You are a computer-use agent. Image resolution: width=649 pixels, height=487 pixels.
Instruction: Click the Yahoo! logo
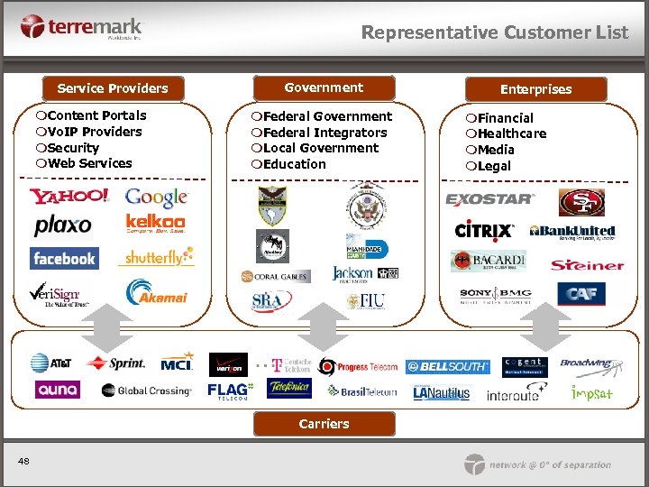(69, 197)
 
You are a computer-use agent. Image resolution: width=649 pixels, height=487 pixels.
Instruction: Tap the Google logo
(156, 197)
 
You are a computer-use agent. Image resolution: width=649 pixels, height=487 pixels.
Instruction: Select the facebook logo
(64, 259)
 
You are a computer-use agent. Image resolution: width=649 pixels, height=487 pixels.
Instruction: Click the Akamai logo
(156, 292)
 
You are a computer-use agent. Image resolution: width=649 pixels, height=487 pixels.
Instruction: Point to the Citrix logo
(484, 231)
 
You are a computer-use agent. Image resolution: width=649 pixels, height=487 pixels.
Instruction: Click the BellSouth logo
(447, 367)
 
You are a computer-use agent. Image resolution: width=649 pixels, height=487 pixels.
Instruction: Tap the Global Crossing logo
(146, 391)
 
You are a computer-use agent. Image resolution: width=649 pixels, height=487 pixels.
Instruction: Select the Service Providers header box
(113, 88)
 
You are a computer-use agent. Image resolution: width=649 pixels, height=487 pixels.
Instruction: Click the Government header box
(324, 87)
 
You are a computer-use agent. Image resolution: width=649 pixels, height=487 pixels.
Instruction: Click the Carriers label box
(324, 424)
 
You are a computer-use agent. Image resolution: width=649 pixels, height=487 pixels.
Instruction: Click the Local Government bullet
(315, 148)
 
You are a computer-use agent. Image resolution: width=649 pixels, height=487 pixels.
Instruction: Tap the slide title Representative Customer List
(494, 32)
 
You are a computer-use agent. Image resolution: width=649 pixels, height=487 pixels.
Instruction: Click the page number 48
(23, 462)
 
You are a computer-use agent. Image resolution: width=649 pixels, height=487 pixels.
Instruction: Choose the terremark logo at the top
(81, 27)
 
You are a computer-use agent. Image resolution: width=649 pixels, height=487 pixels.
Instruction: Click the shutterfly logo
(156, 258)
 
